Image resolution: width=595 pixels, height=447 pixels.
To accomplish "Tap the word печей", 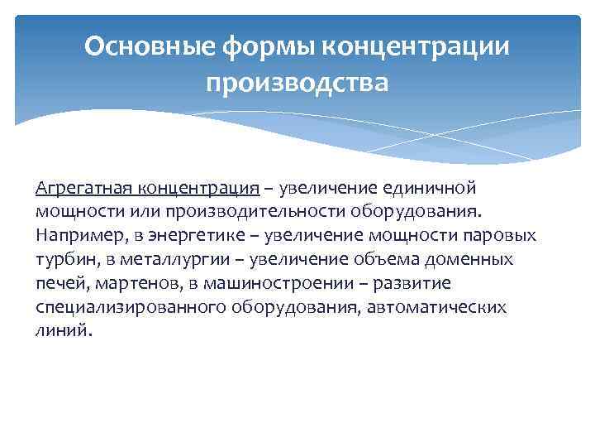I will click(59, 283).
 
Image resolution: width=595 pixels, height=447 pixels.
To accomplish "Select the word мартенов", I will click(124, 283).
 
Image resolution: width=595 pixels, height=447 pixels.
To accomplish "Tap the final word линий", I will click(61, 330).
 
